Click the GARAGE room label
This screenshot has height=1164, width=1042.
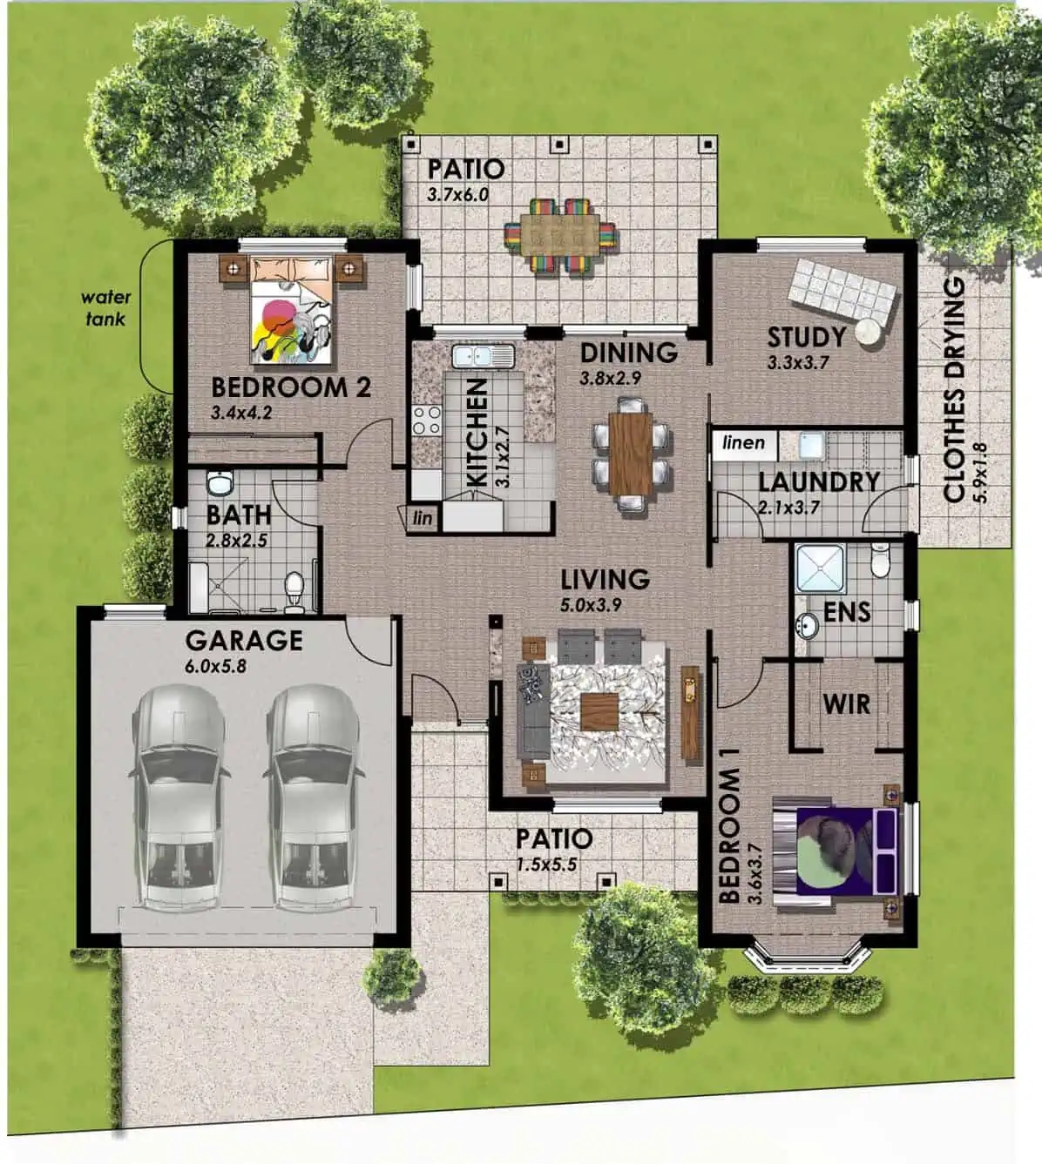(x=244, y=641)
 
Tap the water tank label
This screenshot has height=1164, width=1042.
(x=105, y=308)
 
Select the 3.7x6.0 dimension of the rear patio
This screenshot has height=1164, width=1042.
(x=457, y=195)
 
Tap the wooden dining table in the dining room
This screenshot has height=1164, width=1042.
(x=631, y=453)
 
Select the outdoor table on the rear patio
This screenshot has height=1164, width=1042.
(x=562, y=236)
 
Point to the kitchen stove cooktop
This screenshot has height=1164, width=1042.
(x=427, y=421)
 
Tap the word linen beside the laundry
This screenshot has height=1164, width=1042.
(x=743, y=442)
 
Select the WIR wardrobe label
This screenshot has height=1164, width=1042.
(x=846, y=703)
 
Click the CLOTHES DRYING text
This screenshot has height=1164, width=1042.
(x=955, y=389)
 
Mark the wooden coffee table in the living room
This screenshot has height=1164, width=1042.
(x=599, y=713)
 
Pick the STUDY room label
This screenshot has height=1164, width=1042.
(x=806, y=336)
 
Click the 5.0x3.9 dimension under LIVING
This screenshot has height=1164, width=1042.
(x=592, y=604)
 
